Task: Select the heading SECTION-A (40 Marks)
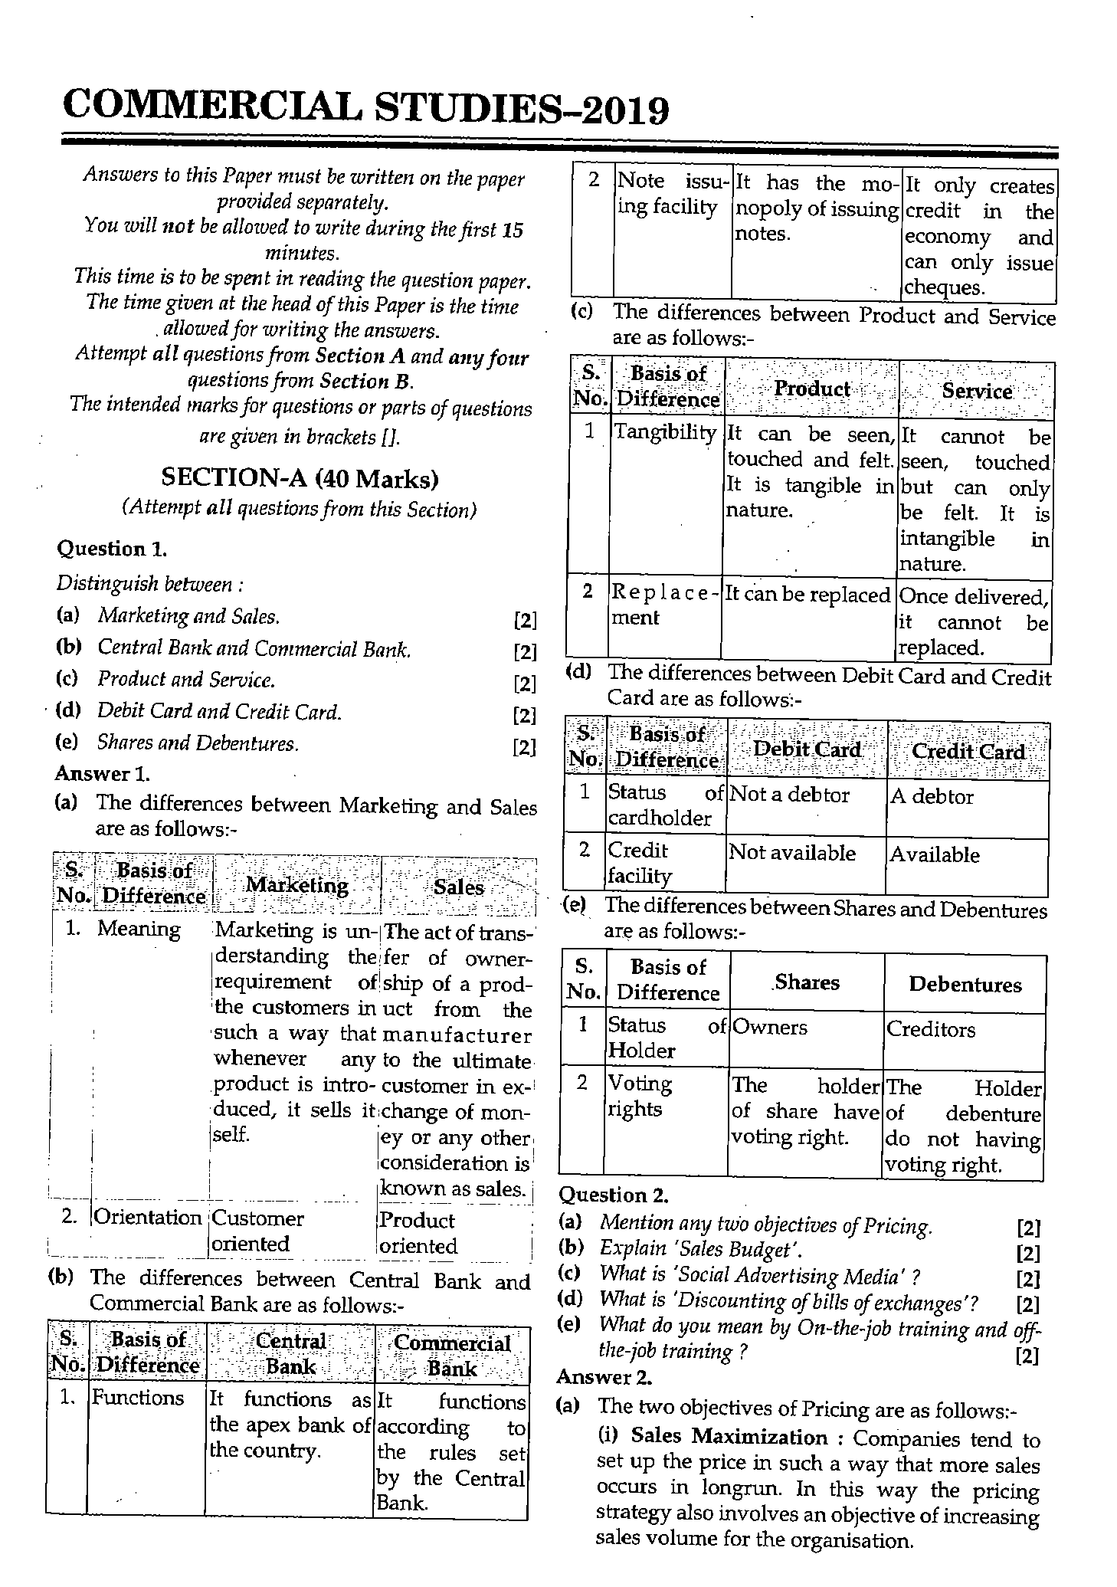[300, 479]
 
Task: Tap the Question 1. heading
[112, 549]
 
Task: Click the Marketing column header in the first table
[296, 885]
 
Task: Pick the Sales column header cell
[458, 887]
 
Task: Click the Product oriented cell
[418, 1232]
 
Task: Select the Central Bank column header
[290, 1353]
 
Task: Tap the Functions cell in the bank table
[138, 1397]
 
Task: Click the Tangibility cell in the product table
[665, 432]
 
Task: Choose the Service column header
[976, 391]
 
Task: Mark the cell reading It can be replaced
[807, 595]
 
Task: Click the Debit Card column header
[807, 749]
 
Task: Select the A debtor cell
[931, 796]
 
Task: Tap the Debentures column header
[965, 984]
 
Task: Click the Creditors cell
[930, 1029]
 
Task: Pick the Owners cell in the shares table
[769, 1027]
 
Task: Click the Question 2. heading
[613, 1195]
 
